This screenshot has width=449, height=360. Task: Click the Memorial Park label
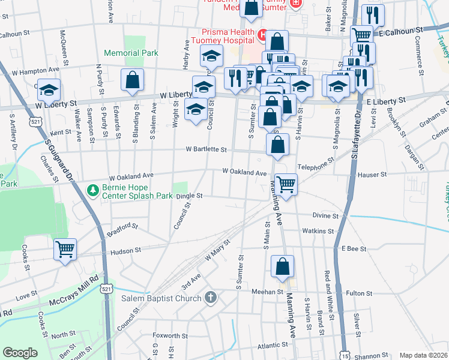click(131, 53)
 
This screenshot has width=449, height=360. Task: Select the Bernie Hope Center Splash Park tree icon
click(92, 191)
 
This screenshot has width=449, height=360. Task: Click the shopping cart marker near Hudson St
click(65, 249)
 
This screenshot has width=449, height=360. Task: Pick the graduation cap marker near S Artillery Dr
click(49, 90)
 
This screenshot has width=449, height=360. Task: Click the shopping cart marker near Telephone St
click(286, 184)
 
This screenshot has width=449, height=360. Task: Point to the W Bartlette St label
click(206, 149)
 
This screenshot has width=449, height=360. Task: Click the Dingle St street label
click(190, 196)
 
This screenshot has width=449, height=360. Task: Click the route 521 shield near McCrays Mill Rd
click(106, 289)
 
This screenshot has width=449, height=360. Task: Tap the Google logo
click(20, 353)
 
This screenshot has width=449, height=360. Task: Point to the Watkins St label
click(318, 230)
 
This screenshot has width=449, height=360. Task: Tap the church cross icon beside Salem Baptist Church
click(210, 298)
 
